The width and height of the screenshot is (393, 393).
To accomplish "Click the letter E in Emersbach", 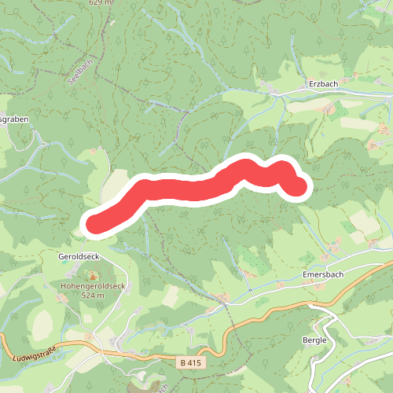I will [306, 275].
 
